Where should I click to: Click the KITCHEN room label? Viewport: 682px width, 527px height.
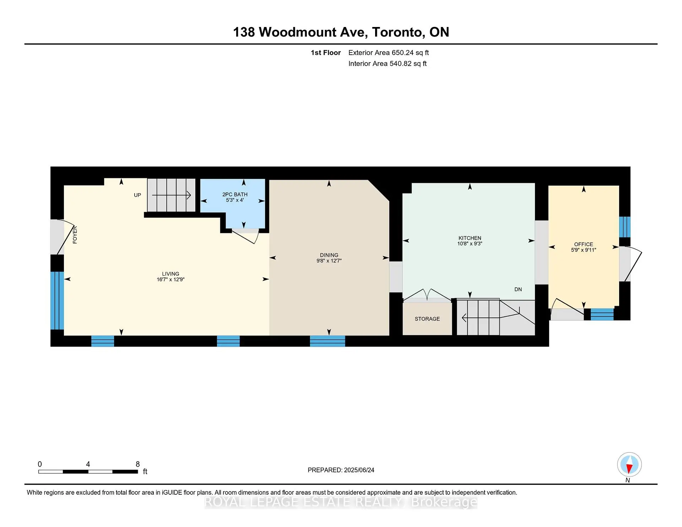[470, 238]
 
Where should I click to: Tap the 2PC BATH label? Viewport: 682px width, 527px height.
[235, 194]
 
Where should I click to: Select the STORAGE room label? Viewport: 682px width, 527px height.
[427, 319]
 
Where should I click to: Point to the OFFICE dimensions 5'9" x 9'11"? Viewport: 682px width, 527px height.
[583, 250]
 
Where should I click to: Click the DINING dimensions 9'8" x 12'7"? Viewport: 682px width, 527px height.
[329, 261]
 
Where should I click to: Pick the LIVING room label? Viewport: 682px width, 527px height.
[170, 274]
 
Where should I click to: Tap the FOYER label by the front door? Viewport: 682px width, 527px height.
[75, 235]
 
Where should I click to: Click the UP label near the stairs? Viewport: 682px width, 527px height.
[137, 195]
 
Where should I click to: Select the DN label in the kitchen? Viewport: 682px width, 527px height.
[518, 289]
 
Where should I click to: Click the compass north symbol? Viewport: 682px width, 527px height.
[629, 464]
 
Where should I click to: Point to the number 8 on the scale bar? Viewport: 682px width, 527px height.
[138, 464]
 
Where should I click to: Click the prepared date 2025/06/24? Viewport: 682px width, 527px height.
[359, 470]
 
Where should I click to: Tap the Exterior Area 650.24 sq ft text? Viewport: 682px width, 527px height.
[388, 53]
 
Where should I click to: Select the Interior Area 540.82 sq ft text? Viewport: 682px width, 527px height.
[387, 64]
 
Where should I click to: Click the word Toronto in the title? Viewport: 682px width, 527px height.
[397, 32]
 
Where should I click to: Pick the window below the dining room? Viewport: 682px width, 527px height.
[327, 341]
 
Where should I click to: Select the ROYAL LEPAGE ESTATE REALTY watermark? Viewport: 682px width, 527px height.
[341, 502]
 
